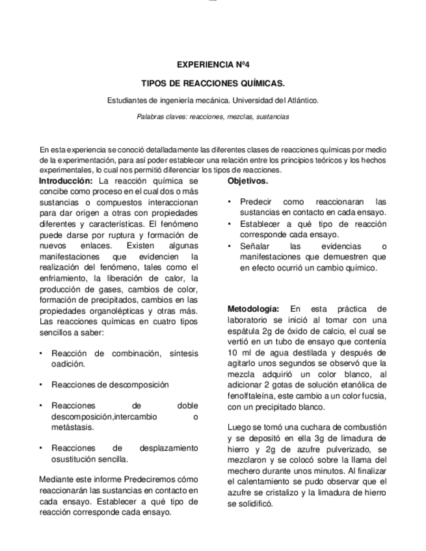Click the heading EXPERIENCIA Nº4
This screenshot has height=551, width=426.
pos(213,65)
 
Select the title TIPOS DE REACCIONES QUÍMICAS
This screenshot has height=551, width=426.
pos(213,84)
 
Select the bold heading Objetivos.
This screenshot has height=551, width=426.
pos(248,181)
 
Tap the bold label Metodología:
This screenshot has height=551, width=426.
pos(254,309)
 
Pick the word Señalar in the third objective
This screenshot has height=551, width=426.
pos(255,246)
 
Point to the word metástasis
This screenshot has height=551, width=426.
pos(72,427)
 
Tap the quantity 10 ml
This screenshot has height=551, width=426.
pos(239,352)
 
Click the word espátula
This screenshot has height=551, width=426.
pos(243,331)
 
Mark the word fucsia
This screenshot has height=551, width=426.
pos(372,396)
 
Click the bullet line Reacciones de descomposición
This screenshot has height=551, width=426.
pos(110,385)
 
